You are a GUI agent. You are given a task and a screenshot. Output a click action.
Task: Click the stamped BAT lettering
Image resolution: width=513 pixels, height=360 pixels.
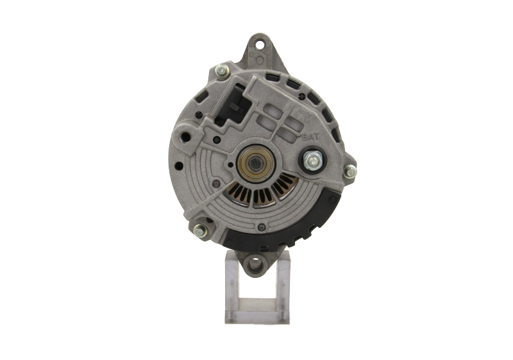(x=308, y=137)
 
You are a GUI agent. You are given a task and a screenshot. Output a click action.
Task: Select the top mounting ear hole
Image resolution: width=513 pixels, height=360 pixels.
(x=260, y=45)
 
